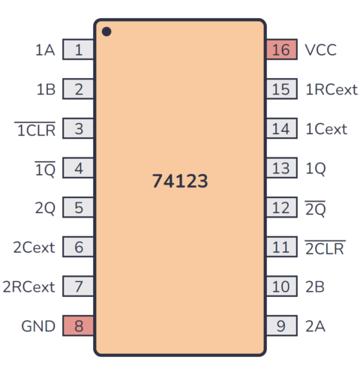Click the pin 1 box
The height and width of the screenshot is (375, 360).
click(78, 50)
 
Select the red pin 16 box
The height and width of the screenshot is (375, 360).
click(280, 50)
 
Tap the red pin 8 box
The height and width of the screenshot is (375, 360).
click(78, 326)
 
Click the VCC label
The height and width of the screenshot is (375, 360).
click(320, 50)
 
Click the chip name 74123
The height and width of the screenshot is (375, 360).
click(179, 181)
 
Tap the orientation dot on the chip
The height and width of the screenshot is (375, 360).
click(106, 31)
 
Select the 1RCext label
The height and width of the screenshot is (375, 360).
click(331, 90)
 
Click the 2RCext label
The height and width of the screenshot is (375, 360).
click(28, 286)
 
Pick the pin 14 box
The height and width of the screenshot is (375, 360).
click(280, 129)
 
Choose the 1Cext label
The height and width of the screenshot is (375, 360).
click(325, 129)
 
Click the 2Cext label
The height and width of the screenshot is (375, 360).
click(34, 247)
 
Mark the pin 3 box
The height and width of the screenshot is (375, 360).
click(78, 129)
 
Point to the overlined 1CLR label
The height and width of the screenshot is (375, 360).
click(35, 129)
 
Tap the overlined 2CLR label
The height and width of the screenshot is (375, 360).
click(324, 247)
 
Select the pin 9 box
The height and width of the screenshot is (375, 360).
click(280, 326)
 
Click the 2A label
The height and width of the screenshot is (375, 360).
click(314, 326)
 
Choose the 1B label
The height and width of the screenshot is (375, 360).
click(45, 90)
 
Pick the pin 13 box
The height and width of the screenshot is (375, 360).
click(280, 169)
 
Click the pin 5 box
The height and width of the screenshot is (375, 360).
click(78, 208)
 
